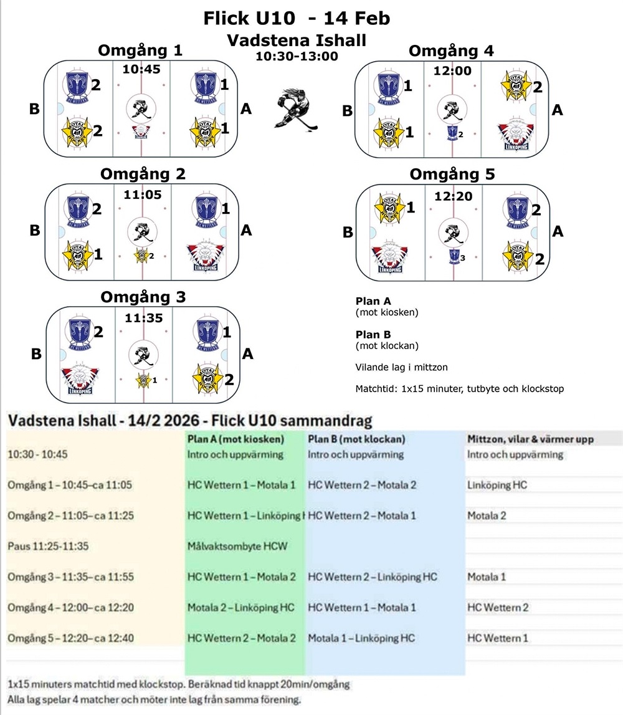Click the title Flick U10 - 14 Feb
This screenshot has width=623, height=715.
297,19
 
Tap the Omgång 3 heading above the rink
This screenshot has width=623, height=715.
143,297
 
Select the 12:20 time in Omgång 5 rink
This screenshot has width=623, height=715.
453,196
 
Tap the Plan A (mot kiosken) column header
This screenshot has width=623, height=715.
235,439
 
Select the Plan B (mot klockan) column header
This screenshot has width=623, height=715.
356,439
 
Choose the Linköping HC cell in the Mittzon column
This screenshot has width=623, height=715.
497,484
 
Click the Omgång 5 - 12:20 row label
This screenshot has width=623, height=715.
70,638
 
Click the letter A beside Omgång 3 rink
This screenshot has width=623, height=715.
247,353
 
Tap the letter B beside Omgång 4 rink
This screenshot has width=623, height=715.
347,112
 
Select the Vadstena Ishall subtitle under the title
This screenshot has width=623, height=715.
297,41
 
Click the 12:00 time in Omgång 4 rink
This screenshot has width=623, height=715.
453,70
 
